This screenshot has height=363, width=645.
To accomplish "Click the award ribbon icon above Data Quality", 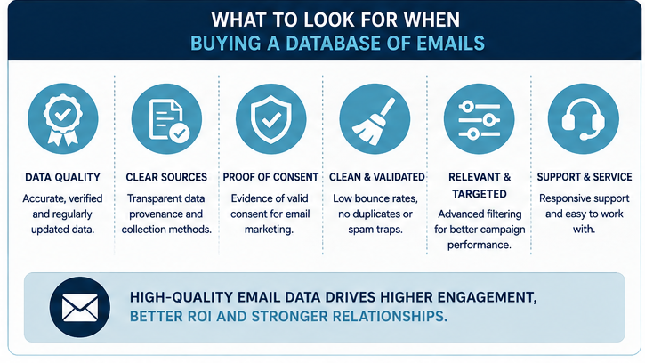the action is click(x=62, y=119).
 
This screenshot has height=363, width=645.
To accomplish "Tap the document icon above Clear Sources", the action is click(x=166, y=119).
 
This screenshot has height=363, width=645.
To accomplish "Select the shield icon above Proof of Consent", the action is click(x=270, y=119).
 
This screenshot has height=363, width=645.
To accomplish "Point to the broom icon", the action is click(x=375, y=119).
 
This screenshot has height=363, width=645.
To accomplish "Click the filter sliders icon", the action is click(x=480, y=119).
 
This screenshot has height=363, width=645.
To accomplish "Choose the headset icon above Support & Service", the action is click(x=584, y=119).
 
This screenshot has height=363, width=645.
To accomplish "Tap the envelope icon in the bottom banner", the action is click(x=80, y=307).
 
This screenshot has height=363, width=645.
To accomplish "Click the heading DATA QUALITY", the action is click(x=62, y=177).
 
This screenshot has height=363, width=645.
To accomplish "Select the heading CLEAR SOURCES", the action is click(x=166, y=177).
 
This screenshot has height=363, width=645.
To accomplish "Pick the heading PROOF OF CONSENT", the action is click(x=270, y=177).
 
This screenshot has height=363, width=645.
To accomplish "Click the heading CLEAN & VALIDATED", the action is click(x=377, y=177).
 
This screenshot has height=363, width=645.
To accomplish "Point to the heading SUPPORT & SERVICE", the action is click(x=585, y=177).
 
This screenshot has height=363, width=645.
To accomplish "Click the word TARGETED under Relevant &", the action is click(x=480, y=194).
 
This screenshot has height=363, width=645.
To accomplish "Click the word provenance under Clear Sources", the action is click(x=165, y=214).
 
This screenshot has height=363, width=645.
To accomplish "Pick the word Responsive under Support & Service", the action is click(x=564, y=198).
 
